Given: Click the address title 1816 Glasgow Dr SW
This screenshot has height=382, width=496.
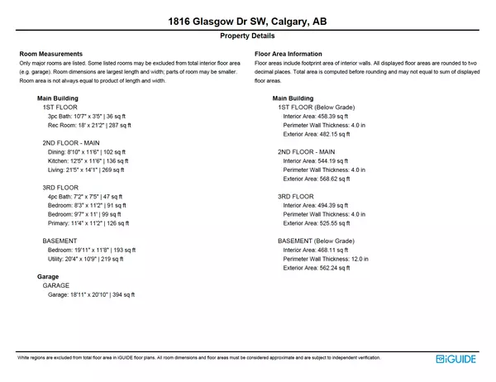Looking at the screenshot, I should [247, 21].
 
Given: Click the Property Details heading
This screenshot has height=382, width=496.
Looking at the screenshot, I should [247, 37].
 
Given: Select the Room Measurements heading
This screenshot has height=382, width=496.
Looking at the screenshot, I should [50, 54].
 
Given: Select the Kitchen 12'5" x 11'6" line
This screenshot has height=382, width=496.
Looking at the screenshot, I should [88, 161].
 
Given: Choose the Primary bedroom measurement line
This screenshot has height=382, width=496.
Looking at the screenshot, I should [88, 232].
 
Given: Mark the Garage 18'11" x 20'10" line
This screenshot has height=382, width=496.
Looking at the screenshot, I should [91, 294].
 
